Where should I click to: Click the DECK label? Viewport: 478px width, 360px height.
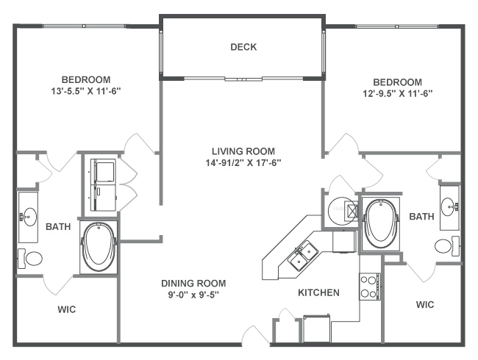tap(243, 47)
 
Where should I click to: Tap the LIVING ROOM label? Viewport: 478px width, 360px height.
tap(243, 151)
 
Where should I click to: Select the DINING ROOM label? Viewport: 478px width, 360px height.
tap(193, 284)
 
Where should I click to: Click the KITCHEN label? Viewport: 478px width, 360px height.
tap(318, 292)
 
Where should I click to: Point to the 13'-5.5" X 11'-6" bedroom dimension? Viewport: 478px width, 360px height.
tap(86, 91)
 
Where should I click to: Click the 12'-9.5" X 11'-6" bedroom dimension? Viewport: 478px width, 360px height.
tap(398, 93)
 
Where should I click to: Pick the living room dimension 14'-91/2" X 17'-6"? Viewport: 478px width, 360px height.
tap(243, 163)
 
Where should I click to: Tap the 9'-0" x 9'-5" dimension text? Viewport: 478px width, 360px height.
tap(194, 295)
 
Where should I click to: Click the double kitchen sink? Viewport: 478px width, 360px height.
tap(303, 256)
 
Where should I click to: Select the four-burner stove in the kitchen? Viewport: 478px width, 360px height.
tap(370, 287)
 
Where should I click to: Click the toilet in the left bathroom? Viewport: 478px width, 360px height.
tap(30, 259)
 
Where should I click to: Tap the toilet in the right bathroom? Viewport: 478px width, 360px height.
tap(447, 246)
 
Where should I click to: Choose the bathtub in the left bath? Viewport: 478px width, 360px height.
tap(99, 248)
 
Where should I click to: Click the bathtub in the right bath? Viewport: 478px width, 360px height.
tap(380, 224)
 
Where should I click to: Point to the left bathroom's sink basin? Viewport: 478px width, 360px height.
tap(29, 217)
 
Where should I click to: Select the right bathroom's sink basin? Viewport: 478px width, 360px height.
tap(448, 206)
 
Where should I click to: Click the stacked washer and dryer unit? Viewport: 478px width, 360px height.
tap(103, 184)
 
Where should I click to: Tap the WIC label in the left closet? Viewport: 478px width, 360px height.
tap(67, 309)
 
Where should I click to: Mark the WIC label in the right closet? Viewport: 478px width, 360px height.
tap(425, 304)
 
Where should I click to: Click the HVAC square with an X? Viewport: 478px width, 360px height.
tap(352, 210)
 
